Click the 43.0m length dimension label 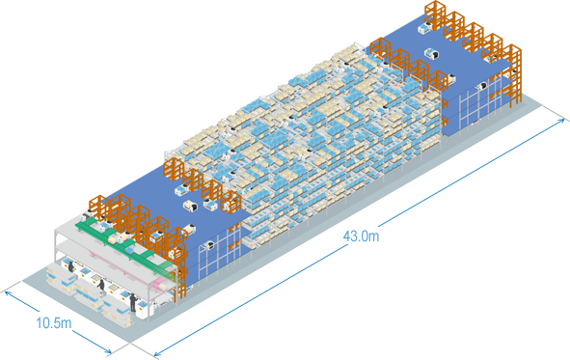[361, 236]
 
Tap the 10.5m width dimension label [54, 322]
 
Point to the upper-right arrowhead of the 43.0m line [561, 121]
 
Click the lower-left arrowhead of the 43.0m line [157, 353]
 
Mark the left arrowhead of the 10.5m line [8, 293]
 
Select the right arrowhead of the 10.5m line [108, 351]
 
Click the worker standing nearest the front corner [133, 303]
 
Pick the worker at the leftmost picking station [70, 266]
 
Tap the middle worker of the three [101, 285]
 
